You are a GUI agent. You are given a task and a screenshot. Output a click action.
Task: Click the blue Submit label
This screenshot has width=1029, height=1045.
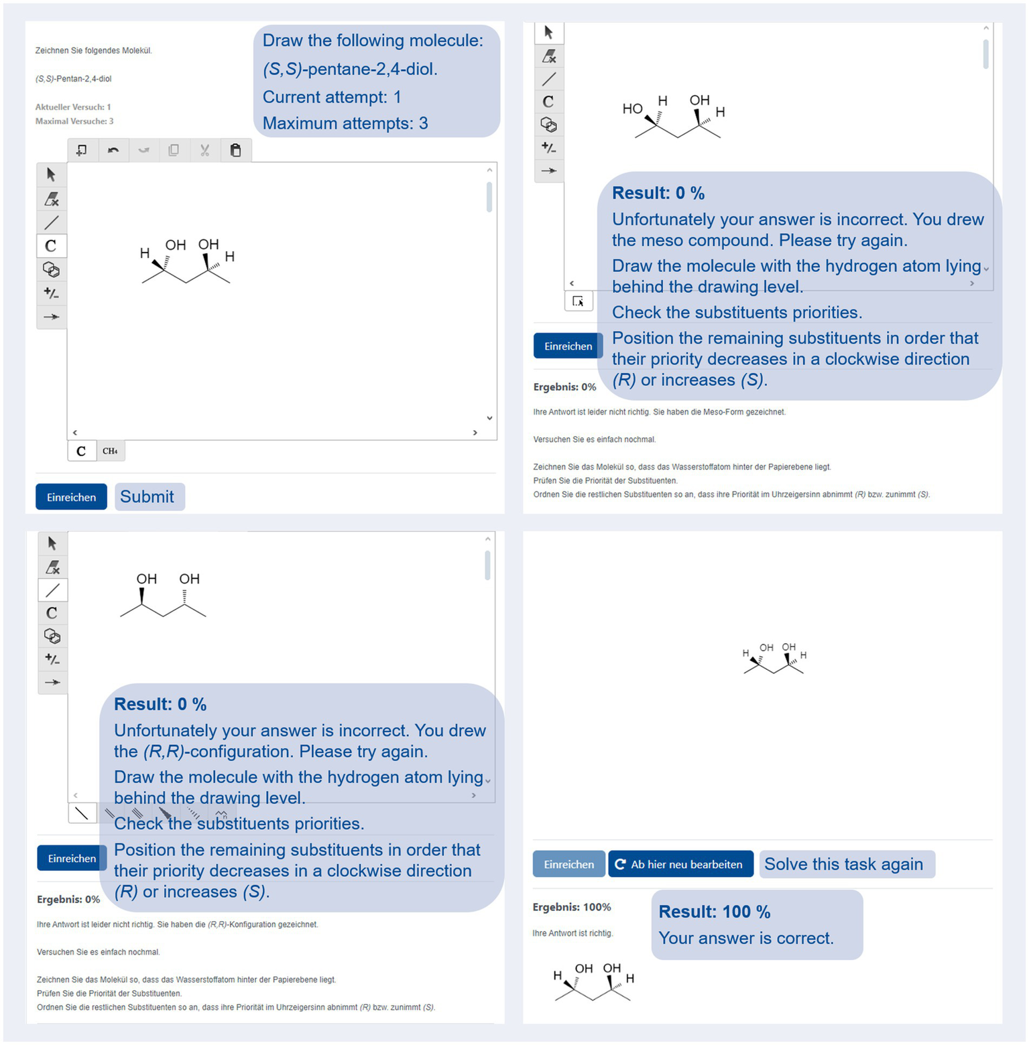[x=147, y=496]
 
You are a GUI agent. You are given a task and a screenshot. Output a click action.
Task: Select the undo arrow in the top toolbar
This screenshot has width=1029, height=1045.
[x=113, y=150]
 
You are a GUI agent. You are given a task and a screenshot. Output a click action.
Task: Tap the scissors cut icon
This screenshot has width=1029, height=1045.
[x=204, y=150]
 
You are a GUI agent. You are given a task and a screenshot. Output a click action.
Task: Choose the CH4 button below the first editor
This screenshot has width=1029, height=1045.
[x=111, y=451]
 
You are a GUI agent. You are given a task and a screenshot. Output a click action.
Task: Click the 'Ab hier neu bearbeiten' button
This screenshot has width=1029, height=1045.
[x=680, y=864]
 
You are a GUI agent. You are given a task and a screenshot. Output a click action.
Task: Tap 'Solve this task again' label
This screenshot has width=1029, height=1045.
[x=843, y=864]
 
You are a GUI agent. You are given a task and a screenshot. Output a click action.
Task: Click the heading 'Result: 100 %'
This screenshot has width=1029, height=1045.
[x=714, y=912]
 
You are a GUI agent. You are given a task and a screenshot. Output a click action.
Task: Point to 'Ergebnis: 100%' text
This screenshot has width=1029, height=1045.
[x=572, y=907]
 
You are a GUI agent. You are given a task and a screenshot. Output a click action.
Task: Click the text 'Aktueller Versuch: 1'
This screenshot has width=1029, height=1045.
[x=73, y=107]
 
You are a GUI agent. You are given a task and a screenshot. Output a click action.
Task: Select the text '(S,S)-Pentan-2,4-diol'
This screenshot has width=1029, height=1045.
[x=74, y=78]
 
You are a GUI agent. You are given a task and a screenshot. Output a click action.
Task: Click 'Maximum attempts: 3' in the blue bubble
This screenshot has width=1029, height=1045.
[x=345, y=123]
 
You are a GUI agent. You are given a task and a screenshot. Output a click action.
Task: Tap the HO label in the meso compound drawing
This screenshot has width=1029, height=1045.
[x=632, y=109]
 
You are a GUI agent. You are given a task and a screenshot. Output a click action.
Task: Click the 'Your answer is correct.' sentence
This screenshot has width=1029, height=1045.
[x=746, y=938]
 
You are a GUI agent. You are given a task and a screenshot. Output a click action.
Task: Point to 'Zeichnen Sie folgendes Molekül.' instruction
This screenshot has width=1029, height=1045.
[x=94, y=50]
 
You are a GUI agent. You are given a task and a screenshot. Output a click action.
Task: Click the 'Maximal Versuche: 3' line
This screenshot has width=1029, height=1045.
[x=74, y=121]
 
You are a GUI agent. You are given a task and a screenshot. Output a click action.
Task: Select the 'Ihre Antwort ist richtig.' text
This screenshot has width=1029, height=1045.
[x=572, y=933]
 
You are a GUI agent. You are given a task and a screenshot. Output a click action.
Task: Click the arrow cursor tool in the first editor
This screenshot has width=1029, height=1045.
[x=51, y=175]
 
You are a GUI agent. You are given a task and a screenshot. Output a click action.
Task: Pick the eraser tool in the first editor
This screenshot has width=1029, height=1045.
[x=51, y=199]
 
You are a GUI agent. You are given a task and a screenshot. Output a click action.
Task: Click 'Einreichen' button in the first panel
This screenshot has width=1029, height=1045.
[x=71, y=497]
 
